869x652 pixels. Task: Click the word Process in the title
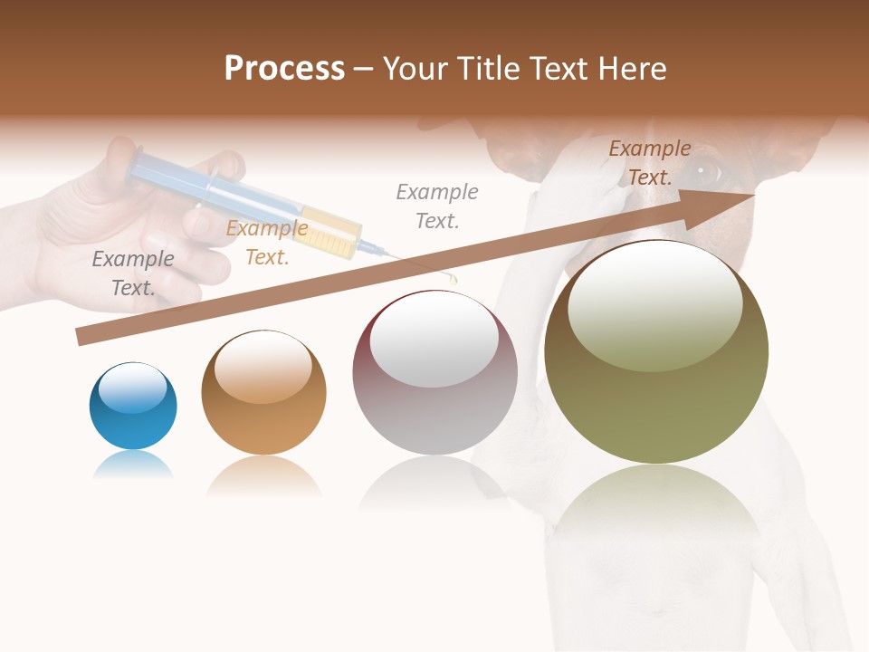pyautogui.click(x=284, y=68)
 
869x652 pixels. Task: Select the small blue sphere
pyautogui.click(x=133, y=407)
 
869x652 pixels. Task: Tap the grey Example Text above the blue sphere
pyautogui.click(x=133, y=273)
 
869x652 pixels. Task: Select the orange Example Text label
pyautogui.click(x=266, y=243)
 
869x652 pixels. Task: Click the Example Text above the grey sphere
pyautogui.click(x=437, y=206)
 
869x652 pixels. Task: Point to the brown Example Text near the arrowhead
pyautogui.click(x=649, y=163)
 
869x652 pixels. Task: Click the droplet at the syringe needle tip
pyautogui.click(x=453, y=280)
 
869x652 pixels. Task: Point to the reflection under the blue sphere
pyautogui.click(x=133, y=465)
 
